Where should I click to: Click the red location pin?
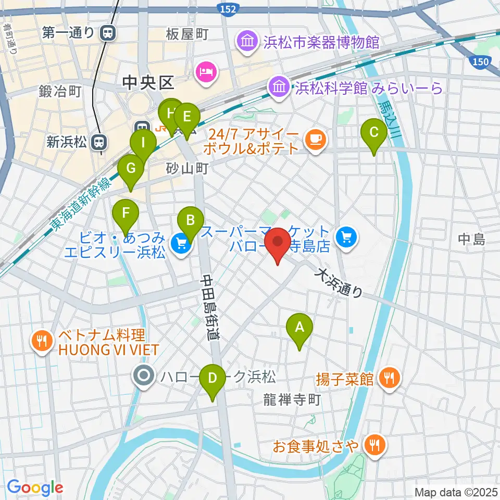(278, 245)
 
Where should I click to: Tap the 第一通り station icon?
(109, 33)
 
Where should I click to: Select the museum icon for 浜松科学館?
(278, 86)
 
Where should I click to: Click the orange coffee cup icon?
(316, 139)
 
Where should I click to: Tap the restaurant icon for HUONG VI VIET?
(43, 341)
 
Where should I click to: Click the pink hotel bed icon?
(205, 71)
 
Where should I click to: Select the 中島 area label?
(471, 240)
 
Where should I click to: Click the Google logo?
(35, 488)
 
